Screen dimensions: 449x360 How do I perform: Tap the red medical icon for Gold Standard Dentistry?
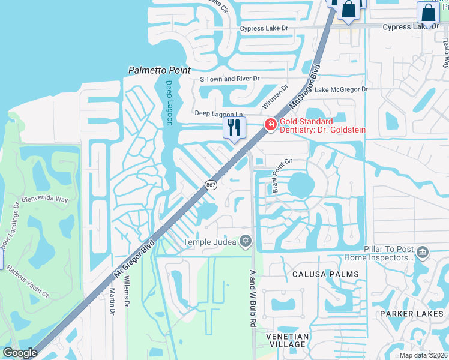coord(271,124)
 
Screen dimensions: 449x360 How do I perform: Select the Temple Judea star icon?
coord(244,242)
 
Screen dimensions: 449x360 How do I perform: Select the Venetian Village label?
coord(289,340)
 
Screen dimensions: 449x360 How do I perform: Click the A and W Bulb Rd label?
coord(253,298)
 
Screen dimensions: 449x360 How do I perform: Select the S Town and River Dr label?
coord(229,79)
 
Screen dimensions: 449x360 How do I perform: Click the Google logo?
coord(20,353)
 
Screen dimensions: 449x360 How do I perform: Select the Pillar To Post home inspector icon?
coord(423,252)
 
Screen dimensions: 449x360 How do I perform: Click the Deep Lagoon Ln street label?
coord(218,113)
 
